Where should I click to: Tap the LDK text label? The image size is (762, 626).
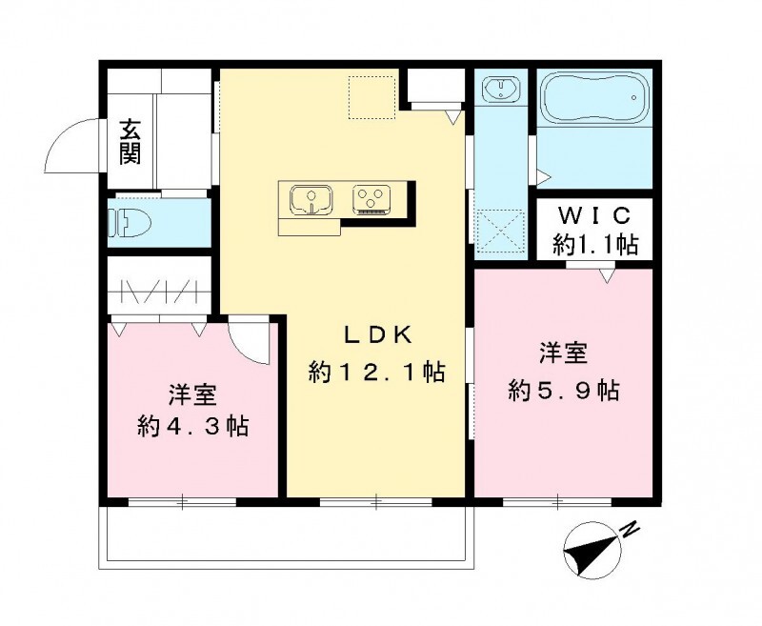[x=377, y=334]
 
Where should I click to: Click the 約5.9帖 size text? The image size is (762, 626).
[x=564, y=391]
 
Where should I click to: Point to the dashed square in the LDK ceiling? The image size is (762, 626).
[x=371, y=97]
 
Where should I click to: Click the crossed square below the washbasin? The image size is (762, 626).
[x=501, y=229]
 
